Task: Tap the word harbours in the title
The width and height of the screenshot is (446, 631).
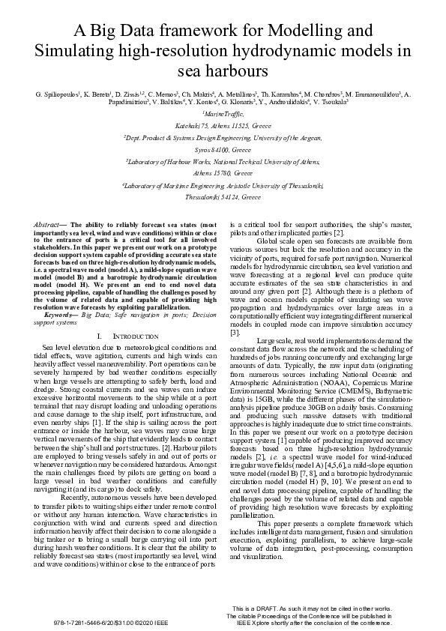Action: (223, 72)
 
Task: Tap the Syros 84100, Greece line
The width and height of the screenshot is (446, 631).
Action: (223, 149)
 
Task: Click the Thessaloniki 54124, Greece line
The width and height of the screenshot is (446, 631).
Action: (223, 196)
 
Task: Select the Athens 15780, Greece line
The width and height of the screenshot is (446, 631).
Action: (223, 172)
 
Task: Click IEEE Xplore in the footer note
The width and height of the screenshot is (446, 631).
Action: (257, 622)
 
